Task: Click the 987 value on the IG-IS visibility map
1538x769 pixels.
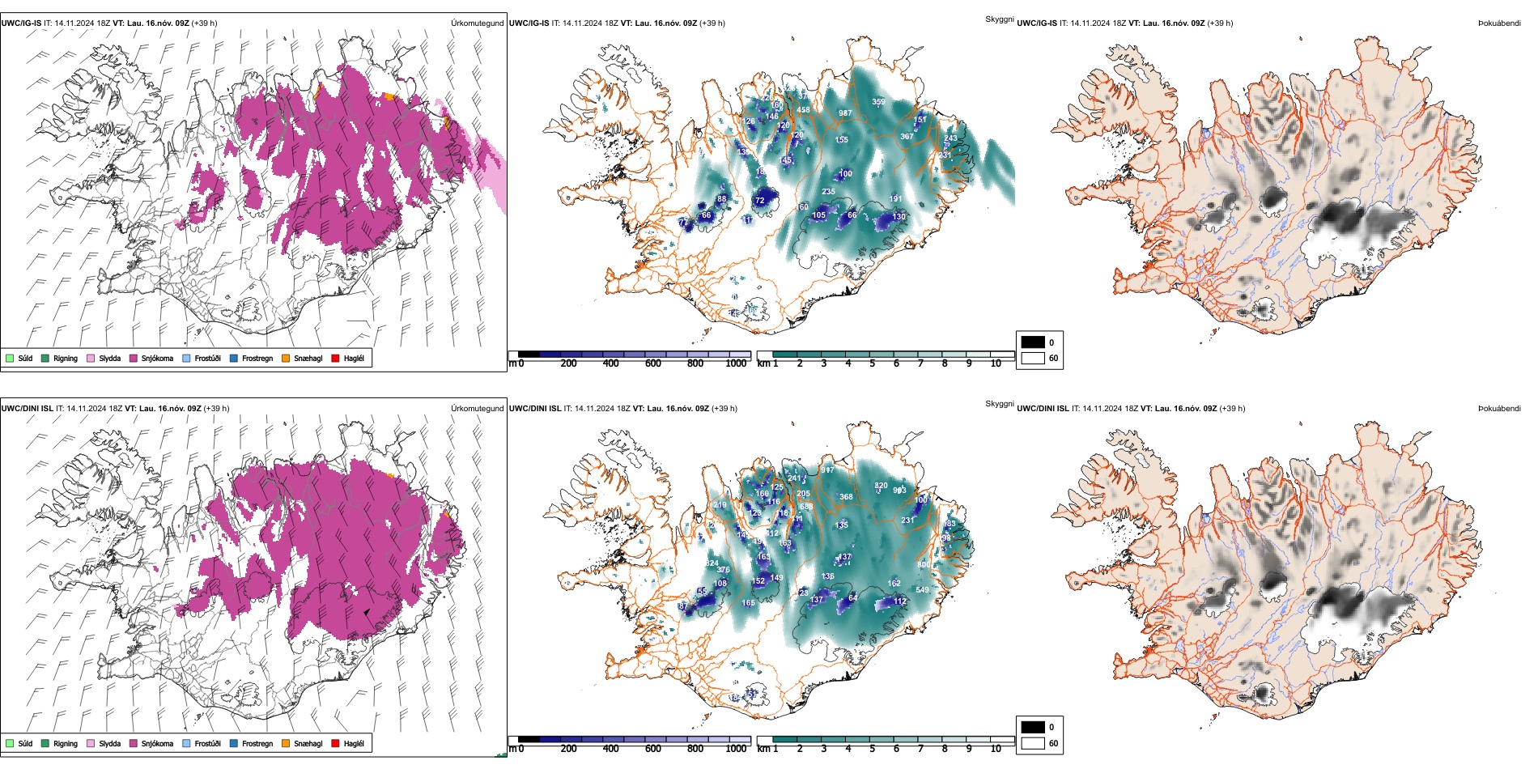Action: coord(844,113)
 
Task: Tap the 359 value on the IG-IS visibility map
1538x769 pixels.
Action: coord(878,102)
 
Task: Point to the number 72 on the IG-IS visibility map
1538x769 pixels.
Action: coord(759,201)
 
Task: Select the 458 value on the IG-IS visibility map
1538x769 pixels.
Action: coord(803,110)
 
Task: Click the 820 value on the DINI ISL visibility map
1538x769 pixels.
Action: coord(881,486)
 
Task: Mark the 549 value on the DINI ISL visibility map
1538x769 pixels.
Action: coord(922,590)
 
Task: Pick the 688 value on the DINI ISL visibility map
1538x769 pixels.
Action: coord(806,507)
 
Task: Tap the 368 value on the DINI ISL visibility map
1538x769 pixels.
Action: coord(846,497)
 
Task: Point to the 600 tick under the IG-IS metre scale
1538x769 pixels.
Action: coord(653,363)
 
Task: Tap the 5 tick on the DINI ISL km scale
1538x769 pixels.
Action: coord(873,749)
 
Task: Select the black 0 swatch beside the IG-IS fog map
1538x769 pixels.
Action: coord(1033,342)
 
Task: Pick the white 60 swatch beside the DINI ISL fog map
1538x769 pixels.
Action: coord(1033,743)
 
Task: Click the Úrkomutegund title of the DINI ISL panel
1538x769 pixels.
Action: coord(477,408)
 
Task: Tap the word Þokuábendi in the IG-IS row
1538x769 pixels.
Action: coord(1499,23)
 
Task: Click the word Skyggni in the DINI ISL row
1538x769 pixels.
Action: coord(999,403)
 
